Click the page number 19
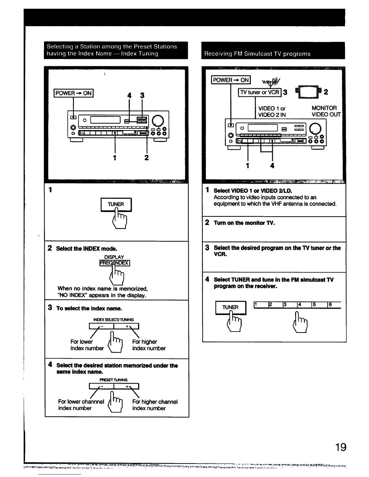[341, 447]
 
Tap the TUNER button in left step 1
[116, 204]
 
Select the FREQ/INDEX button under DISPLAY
[115, 263]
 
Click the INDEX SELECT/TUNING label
[114, 320]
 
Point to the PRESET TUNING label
[113, 380]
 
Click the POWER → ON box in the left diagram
[74, 93]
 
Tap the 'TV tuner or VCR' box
[260, 92]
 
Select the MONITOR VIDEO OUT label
[326, 111]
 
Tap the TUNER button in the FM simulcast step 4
[231, 307]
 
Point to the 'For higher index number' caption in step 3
[149, 345]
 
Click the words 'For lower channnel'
[81, 402]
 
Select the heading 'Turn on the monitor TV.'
[244, 223]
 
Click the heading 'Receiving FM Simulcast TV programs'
[257, 54]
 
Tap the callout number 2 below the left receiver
[147, 157]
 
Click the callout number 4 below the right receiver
[272, 165]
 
